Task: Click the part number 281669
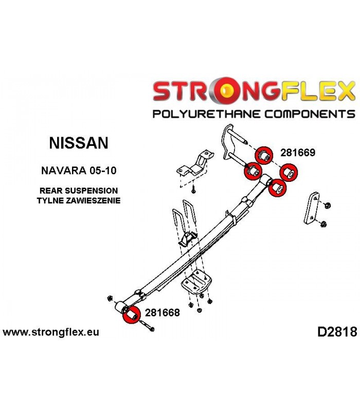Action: [298, 153]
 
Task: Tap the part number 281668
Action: [163, 312]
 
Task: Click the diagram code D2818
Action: [337, 332]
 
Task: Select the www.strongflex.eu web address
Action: [51, 332]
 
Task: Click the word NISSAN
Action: [79, 143]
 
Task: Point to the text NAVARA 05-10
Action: [79, 171]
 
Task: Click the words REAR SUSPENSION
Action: [79, 191]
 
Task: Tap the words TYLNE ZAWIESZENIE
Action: [79, 200]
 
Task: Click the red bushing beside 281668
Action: [132, 314]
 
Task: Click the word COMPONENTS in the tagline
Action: [310, 114]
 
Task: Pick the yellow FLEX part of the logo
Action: [317, 91]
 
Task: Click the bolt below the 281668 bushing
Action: [147, 326]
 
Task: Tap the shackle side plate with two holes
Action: [312, 208]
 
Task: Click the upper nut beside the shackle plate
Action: [327, 205]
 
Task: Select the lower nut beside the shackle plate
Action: [324, 224]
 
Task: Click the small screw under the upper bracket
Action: [193, 190]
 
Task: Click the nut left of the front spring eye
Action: [110, 298]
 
